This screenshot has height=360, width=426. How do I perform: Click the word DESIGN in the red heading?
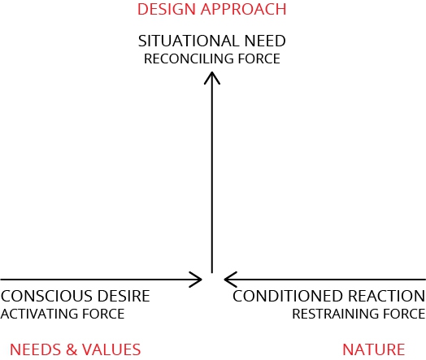pos(167,9)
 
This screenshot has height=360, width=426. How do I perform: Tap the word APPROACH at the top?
pos(243,9)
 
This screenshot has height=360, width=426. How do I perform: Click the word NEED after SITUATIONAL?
pos(265,41)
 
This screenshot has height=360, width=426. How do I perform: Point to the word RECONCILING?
pos(189,59)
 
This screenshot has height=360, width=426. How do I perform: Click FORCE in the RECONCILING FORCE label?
pos(259,59)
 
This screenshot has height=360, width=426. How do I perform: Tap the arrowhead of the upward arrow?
pos(212,78)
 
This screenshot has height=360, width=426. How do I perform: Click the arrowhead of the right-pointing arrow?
pos(196,280)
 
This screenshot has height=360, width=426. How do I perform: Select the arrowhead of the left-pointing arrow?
pos(231,280)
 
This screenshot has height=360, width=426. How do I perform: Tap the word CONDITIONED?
pos(288,296)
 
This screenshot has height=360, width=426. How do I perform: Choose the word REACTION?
pos(386,296)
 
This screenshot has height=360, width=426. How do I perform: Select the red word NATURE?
pos(374,349)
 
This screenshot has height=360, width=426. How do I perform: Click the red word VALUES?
pos(111,349)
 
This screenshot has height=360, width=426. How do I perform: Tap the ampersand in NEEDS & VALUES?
pos(72,349)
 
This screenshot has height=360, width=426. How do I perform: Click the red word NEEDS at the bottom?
pos(35,349)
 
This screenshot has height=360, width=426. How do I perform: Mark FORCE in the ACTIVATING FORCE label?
pos(103,314)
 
